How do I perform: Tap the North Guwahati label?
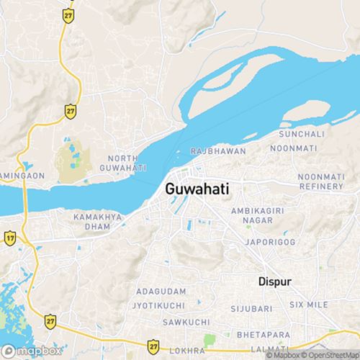tap(127, 163)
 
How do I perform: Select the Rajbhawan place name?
tap(218, 151)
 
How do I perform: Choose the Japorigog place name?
tap(270, 243)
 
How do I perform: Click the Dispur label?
tap(274, 282)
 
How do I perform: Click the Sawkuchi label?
tap(162, 320)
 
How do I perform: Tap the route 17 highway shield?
tap(10, 237)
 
